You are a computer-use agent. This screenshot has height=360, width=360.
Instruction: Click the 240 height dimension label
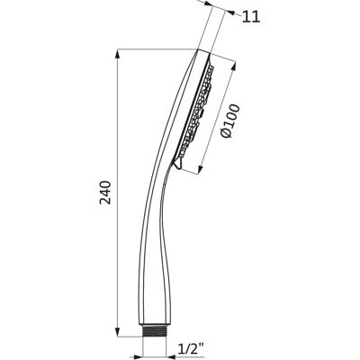coord(105,193)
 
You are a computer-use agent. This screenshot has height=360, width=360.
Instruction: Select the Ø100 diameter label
coord(230,121)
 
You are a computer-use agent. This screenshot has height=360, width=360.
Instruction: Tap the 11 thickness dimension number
coord(251,17)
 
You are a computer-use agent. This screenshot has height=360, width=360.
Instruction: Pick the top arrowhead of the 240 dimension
coord(118,56)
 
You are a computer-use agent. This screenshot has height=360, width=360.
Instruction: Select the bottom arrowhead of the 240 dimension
coord(118,330)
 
